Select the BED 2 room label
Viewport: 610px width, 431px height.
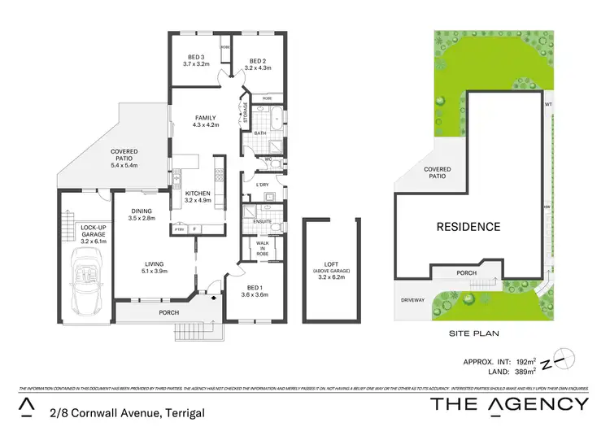click(x=258, y=64)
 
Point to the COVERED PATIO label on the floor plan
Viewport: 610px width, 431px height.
click(x=124, y=157)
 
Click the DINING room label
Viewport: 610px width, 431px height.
click(x=142, y=215)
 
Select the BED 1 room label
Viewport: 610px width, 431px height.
click(x=258, y=289)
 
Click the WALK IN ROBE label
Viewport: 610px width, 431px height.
click(x=262, y=249)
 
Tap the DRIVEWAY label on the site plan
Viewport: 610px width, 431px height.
click(x=412, y=300)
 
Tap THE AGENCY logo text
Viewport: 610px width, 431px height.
click(x=509, y=403)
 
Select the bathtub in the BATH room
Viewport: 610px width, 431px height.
click(x=277, y=115)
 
